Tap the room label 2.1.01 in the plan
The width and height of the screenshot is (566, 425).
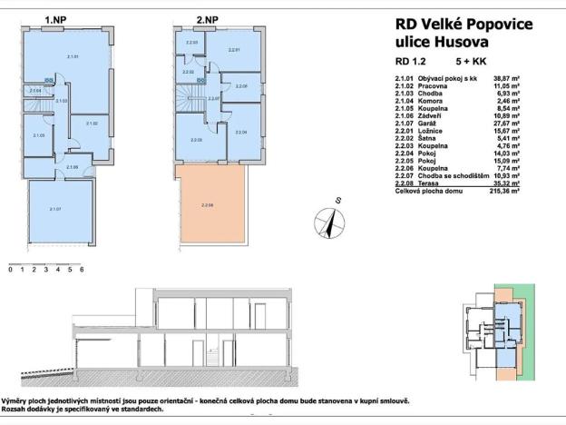pos(73,57)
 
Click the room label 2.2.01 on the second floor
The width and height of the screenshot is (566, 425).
pos(234,50)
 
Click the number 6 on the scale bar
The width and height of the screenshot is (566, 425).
pos(82,270)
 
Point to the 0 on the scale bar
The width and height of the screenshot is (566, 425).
pos(10,270)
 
